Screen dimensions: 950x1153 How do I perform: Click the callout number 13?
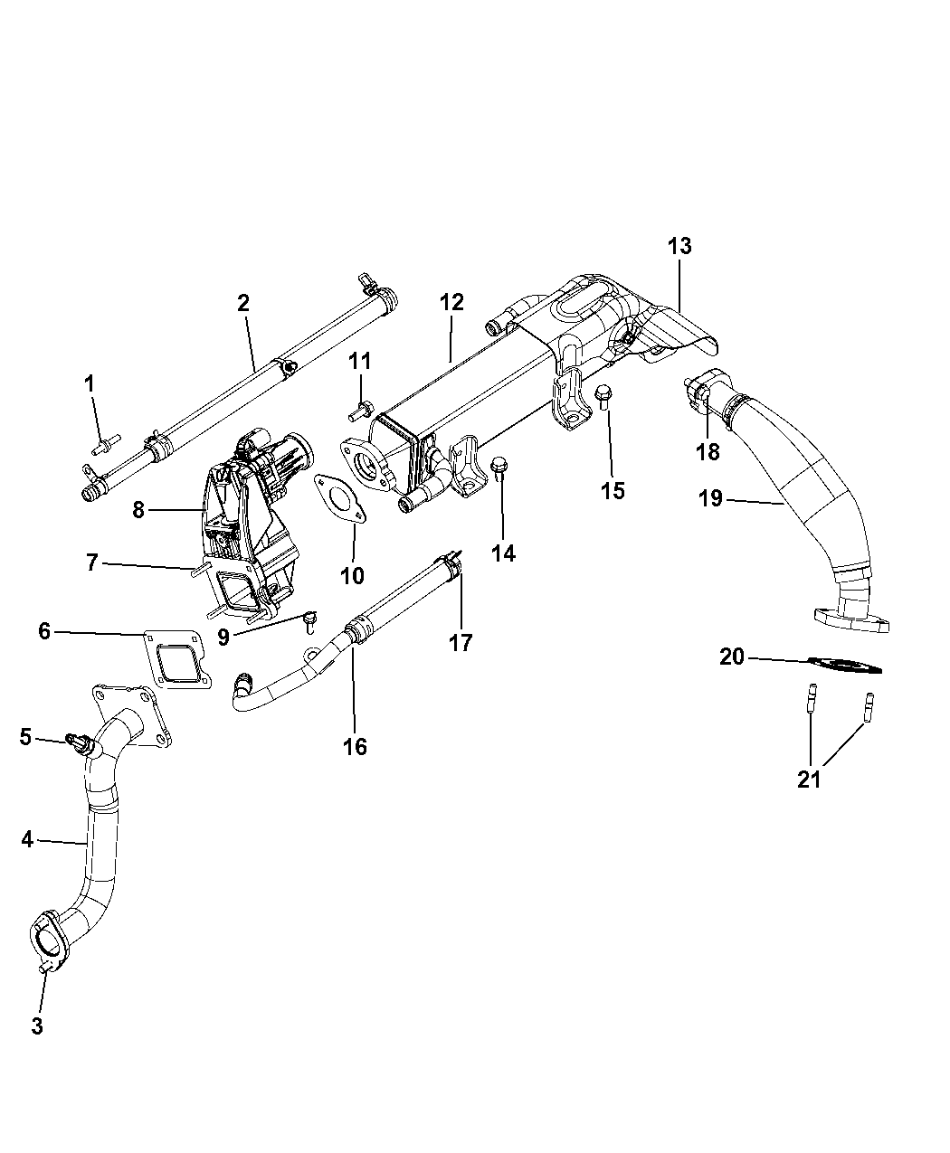pos(679,246)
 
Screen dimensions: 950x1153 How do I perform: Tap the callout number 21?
pos(809,780)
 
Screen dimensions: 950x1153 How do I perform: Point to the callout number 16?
pos(355,747)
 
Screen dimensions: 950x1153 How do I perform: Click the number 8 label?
pos(138,510)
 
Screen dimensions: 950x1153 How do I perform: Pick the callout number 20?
pos(732,657)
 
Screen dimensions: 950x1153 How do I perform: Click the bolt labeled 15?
pos(603,396)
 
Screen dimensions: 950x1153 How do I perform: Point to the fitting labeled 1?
pos(106,445)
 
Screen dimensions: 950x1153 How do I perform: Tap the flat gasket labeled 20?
pos(845,665)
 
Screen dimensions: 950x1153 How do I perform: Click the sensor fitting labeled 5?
pos(80,742)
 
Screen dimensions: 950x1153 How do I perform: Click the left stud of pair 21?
pos(812,698)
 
